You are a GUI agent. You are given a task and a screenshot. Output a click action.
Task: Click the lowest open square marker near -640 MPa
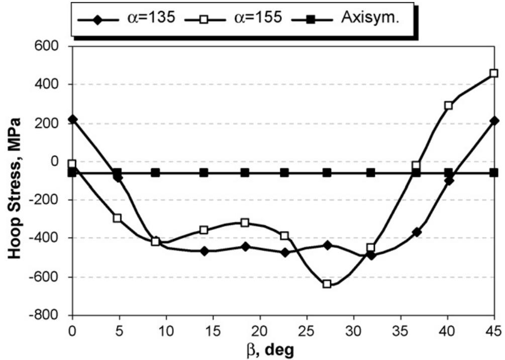[327, 284]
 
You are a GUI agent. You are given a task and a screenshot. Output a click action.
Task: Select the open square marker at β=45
[494, 73]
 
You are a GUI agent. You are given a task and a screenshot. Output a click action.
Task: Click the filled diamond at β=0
[73, 119]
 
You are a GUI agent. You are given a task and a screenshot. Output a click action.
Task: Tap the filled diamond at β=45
[494, 121]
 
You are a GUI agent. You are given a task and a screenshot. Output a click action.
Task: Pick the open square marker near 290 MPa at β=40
[448, 105]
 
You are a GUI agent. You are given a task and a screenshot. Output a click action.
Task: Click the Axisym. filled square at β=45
[494, 172]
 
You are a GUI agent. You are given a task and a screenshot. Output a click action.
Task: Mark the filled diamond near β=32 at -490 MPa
[371, 255]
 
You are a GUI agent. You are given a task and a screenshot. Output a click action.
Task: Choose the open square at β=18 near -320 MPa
[245, 222]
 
